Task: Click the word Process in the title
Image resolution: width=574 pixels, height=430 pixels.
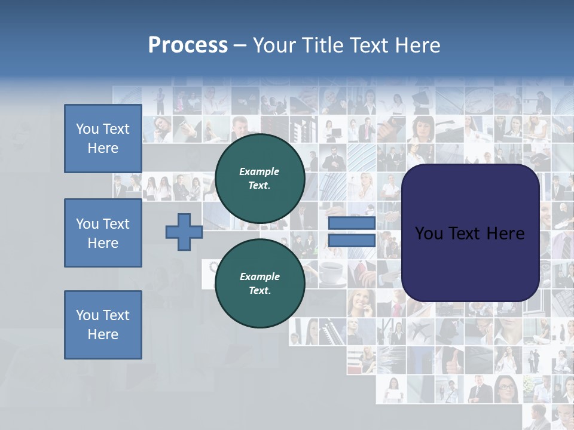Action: click(188, 45)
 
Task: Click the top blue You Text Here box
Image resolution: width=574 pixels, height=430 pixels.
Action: click(103, 139)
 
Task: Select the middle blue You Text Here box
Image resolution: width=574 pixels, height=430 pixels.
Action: click(103, 233)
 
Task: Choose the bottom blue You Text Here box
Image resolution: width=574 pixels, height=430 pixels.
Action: click(103, 325)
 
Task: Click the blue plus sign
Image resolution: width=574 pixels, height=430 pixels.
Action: click(184, 232)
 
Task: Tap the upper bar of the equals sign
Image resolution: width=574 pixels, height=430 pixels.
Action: click(352, 223)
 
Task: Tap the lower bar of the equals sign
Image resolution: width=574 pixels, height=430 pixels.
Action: click(352, 241)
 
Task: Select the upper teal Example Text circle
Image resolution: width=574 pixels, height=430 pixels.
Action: click(259, 178)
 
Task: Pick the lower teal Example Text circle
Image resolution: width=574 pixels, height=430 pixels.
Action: click(259, 283)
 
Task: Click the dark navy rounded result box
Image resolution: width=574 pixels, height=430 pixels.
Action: click(470, 232)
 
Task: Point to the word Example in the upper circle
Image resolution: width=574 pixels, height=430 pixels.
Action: click(259, 171)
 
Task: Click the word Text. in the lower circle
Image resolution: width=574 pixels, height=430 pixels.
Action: click(259, 290)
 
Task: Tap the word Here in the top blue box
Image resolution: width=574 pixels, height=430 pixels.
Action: click(103, 148)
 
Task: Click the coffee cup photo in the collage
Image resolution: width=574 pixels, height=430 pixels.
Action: click(332, 272)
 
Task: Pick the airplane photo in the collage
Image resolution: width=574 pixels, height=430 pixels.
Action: click(420, 330)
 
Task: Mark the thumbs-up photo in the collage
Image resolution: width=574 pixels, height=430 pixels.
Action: click(449, 358)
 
